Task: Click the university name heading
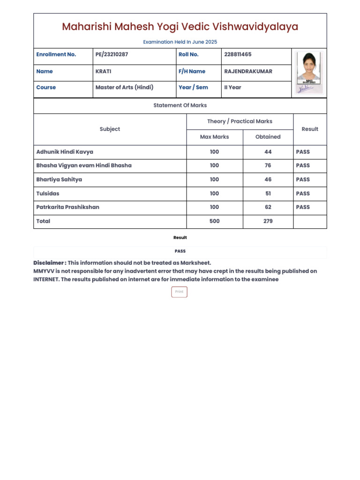tap(180, 27)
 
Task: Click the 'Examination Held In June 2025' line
tap(180, 42)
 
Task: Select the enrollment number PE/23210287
tap(112, 54)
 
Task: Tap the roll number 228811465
tap(238, 54)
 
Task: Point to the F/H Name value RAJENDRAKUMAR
tap(248, 71)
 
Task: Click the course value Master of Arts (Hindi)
tap(124, 87)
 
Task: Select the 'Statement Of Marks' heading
tap(180, 105)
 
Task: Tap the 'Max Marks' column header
tap(214, 137)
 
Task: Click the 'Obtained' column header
tap(268, 137)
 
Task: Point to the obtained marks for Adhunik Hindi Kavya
tap(268, 152)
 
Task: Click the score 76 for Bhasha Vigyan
tap(268, 165)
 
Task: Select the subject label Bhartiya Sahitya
tap(59, 180)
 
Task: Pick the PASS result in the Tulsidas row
tap(303, 193)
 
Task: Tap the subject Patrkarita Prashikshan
tap(67, 207)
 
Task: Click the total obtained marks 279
tap(268, 221)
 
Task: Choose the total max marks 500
tap(214, 221)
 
